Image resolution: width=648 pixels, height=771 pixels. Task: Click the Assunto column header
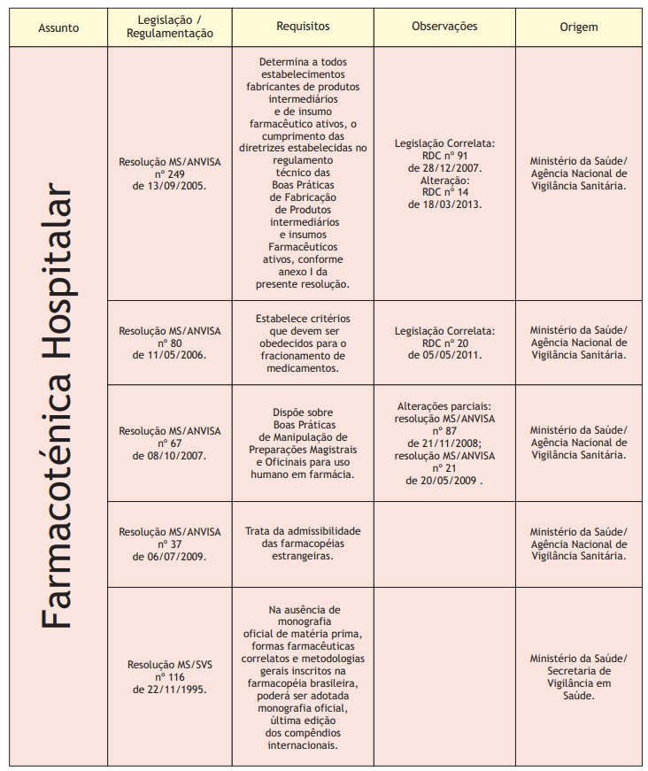pos(58,27)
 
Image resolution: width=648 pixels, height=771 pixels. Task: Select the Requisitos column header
pos(303,27)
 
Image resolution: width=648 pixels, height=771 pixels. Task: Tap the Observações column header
pos(444,27)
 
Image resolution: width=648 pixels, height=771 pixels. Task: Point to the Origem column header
pos(578,27)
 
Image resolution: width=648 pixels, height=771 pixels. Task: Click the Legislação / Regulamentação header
pos(170,27)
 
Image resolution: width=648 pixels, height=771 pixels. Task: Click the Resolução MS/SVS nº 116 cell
pos(170,675)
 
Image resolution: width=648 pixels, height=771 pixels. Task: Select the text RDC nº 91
pos(445,155)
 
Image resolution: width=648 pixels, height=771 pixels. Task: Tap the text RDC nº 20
pos(445,343)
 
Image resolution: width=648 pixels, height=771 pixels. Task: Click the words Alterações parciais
pos(444,406)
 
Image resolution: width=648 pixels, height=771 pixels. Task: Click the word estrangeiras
pos(303,556)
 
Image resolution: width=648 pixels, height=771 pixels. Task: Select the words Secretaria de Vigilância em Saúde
pos(578,682)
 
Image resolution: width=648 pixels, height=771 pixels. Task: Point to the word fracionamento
pos(303,355)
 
